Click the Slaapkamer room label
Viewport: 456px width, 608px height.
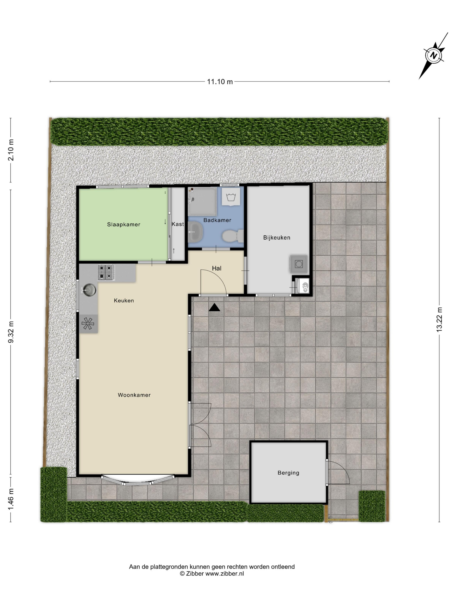click(x=124, y=225)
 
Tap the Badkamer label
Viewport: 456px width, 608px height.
click(x=217, y=220)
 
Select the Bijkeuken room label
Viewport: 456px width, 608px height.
click(x=276, y=238)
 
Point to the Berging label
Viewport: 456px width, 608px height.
click(x=288, y=473)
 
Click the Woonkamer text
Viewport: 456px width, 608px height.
click(x=134, y=395)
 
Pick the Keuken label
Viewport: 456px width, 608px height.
click(x=124, y=301)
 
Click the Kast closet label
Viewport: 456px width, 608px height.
click(x=178, y=224)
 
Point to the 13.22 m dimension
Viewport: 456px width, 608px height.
click(x=439, y=319)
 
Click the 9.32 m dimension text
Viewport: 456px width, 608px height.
click(x=11, y=332)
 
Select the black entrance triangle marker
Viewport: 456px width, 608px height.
click(x=214, y=307)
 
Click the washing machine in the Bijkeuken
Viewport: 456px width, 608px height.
click(x=299, y=264)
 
